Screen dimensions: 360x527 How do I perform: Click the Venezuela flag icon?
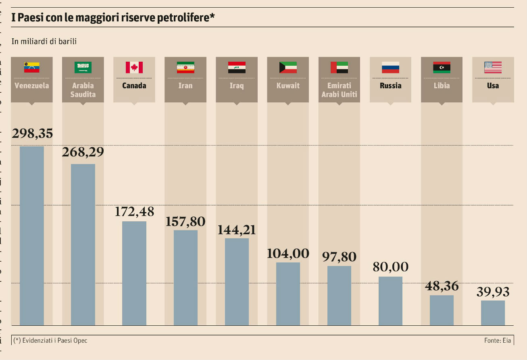31,67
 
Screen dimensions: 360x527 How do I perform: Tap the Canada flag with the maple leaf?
134,67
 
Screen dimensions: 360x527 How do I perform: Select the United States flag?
493,67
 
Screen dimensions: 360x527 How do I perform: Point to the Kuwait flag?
288,67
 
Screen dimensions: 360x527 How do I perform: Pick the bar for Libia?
442,310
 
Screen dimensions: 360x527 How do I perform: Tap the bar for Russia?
390,301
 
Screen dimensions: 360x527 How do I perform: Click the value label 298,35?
32,134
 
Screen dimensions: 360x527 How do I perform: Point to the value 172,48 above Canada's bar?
134,212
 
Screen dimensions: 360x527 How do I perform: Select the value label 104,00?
288,253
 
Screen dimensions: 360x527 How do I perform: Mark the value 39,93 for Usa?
493,291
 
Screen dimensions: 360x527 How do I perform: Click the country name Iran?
185,85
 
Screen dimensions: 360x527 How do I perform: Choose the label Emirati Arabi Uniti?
339,90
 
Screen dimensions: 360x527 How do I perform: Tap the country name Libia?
442,85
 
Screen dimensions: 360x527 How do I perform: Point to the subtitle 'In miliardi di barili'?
44,41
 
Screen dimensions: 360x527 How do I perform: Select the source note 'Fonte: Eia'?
498,340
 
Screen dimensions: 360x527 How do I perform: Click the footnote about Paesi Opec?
50,340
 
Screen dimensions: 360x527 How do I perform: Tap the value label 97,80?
339,257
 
